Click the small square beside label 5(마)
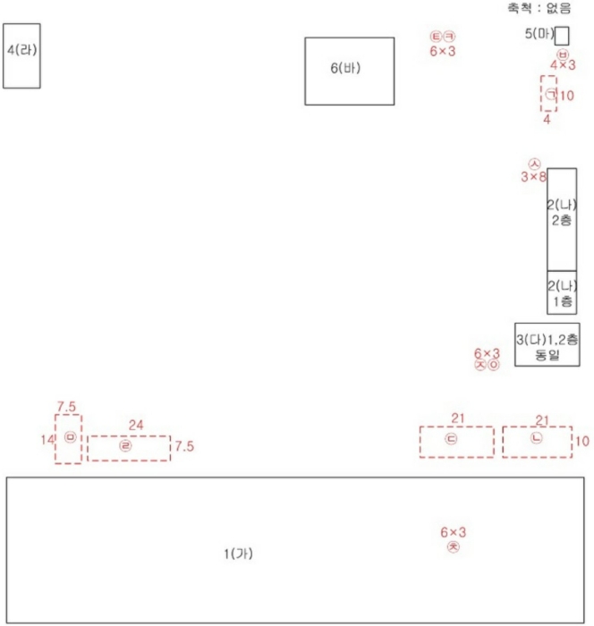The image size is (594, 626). coord(562,36)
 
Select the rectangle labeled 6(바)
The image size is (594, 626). coord(349,71)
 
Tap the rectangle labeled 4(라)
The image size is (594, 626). coord(21,55)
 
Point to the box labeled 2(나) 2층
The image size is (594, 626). coord(562,219)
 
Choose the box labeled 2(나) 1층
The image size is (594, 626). coord(562,292)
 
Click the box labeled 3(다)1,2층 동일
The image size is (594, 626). coord(547,344)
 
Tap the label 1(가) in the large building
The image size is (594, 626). coord(238,554)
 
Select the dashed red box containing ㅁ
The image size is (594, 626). coord(68,438)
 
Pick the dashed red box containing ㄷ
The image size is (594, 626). coord(456,442)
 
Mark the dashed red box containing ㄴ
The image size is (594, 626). coord(536,442)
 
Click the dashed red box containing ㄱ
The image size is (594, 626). coord(549,94)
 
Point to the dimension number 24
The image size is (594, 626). coord(136,425)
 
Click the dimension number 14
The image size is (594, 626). coord(47,439)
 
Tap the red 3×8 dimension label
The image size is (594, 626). coord(533,177)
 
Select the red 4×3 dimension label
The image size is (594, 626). coord(562,65)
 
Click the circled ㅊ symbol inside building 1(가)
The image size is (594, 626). coord(453,546)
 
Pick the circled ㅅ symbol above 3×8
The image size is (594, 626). coord(534,164)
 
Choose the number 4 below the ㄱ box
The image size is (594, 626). coord(547,118)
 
